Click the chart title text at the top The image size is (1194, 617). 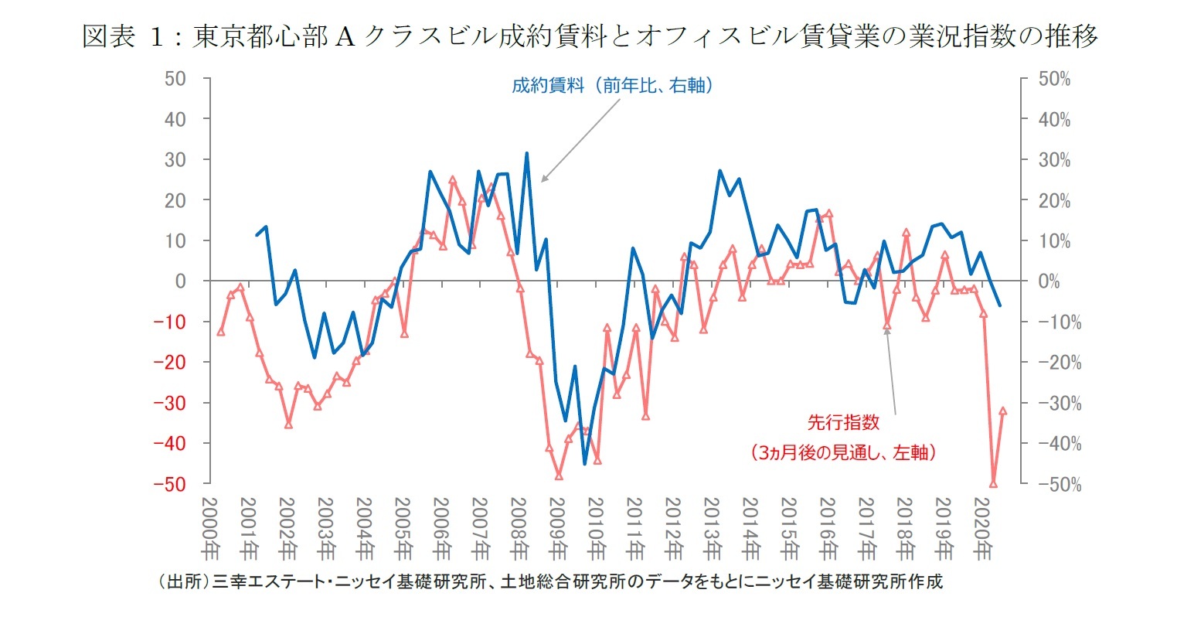(590, 36)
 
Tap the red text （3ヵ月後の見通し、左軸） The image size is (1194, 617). (843, 453)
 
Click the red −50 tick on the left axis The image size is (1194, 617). (169, 484)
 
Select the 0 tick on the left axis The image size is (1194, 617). (181, 281)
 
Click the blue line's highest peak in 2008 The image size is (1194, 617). (527, 153)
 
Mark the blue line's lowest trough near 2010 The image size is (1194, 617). (585, 464)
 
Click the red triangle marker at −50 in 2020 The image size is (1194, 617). (993, 484)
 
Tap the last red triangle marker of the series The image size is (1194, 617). (1003, 411)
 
